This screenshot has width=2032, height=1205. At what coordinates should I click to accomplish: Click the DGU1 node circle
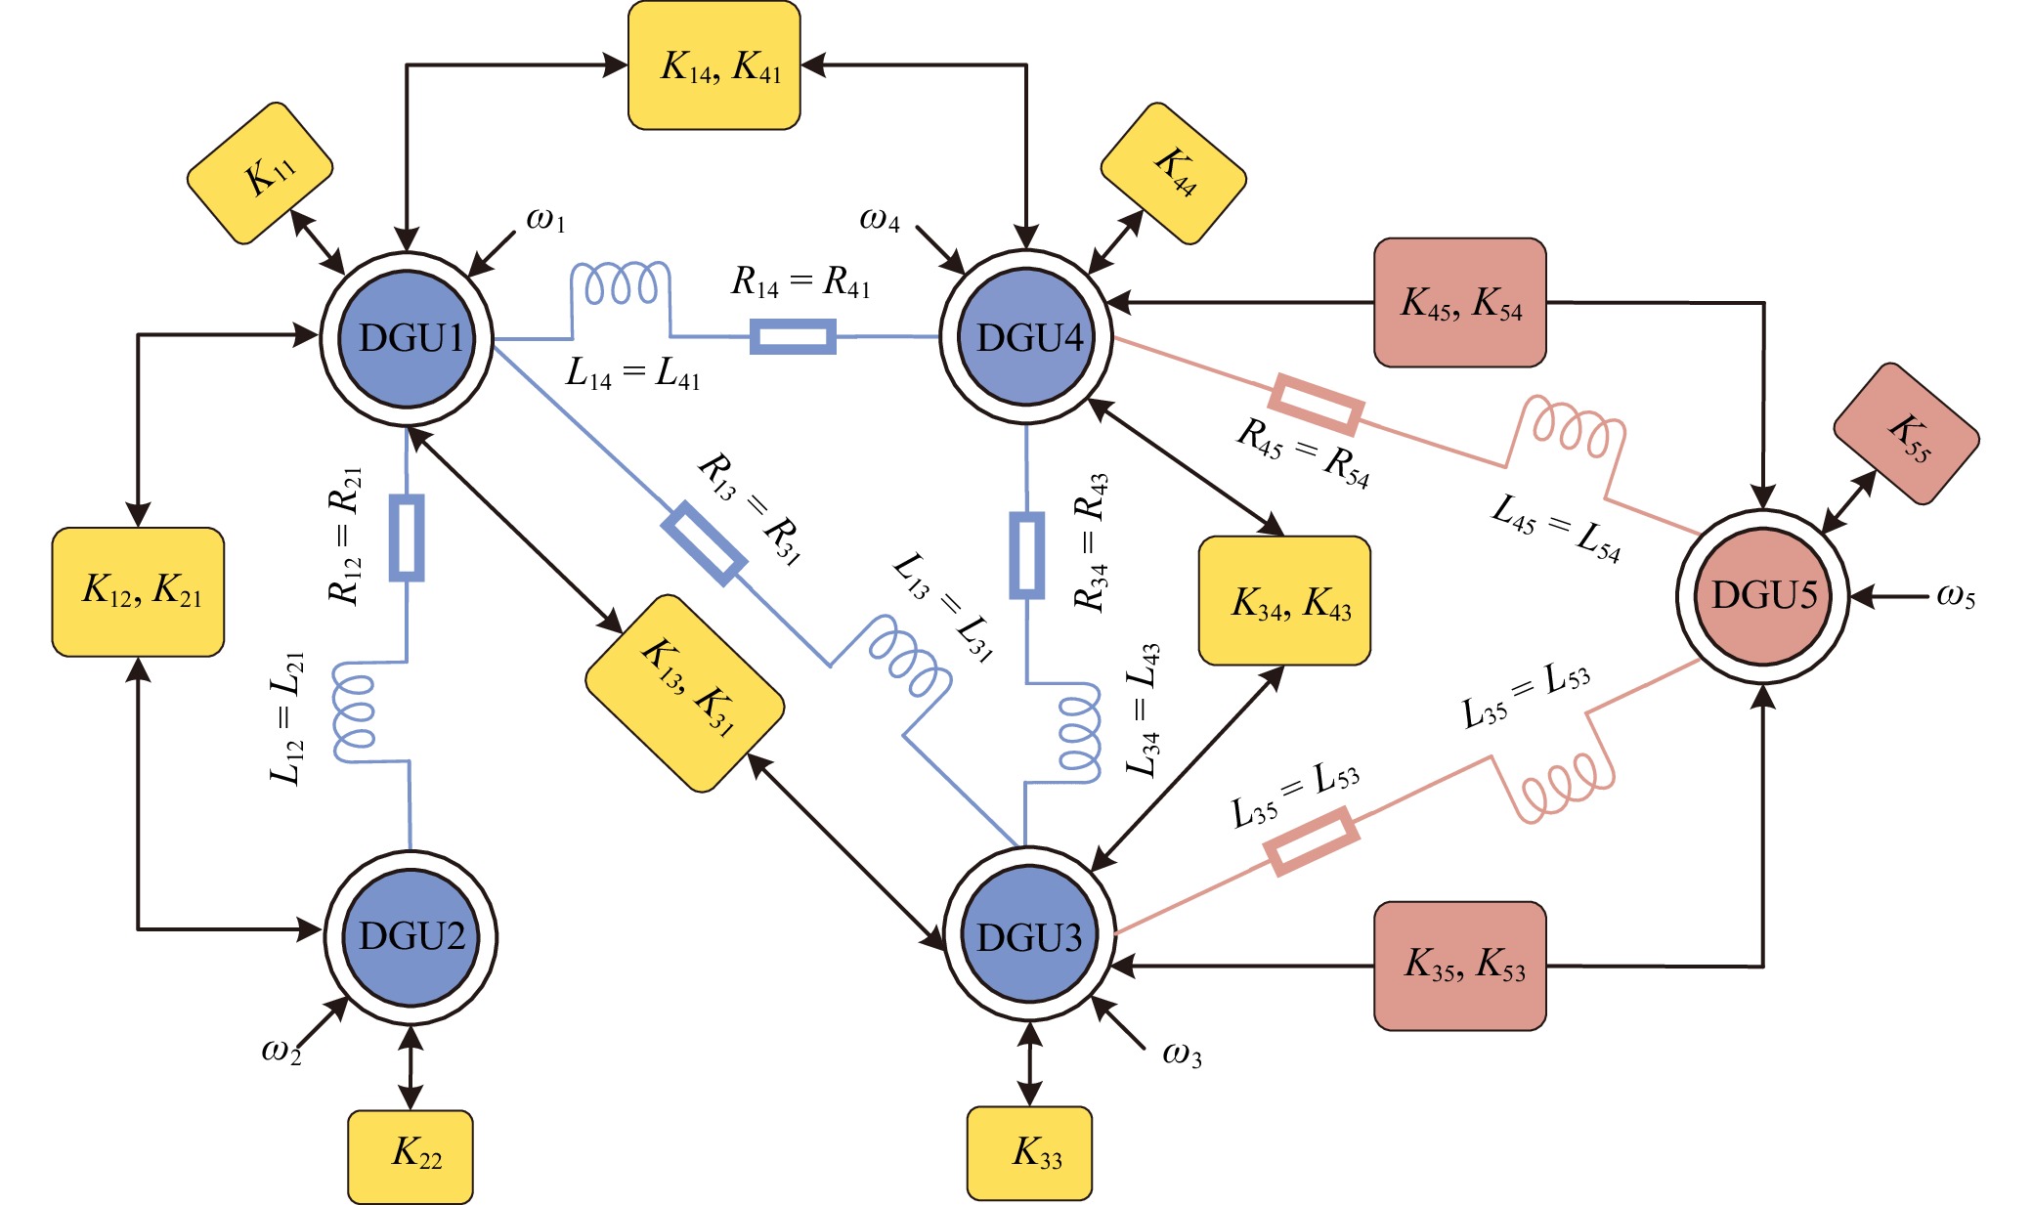407,338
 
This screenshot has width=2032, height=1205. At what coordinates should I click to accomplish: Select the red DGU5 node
1763,595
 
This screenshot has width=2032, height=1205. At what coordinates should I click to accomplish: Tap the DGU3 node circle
1029,936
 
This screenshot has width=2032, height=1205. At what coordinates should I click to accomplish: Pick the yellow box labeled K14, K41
714,65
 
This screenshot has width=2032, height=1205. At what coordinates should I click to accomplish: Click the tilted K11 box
260,173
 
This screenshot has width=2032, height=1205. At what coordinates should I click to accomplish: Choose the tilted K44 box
1173,173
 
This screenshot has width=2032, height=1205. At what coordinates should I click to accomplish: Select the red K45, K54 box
1460,303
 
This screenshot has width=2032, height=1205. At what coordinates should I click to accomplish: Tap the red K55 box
1906,434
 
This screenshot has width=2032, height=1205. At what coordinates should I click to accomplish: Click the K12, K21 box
138,592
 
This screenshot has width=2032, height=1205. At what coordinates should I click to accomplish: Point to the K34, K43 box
1284,601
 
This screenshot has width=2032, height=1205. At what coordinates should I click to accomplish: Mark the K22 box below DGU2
411,1156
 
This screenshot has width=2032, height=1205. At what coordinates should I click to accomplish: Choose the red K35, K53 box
1460,966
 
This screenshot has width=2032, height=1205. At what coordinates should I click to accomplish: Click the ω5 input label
1956,596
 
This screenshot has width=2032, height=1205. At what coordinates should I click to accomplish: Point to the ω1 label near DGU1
545,220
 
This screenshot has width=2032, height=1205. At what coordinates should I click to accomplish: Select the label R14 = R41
800,282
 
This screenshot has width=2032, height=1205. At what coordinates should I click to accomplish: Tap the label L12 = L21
287,718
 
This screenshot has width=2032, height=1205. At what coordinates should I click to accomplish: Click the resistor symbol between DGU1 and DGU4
793,337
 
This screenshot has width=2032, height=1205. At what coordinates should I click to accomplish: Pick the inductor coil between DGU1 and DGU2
355,710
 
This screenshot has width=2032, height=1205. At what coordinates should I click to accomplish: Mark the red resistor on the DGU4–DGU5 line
1316,404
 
